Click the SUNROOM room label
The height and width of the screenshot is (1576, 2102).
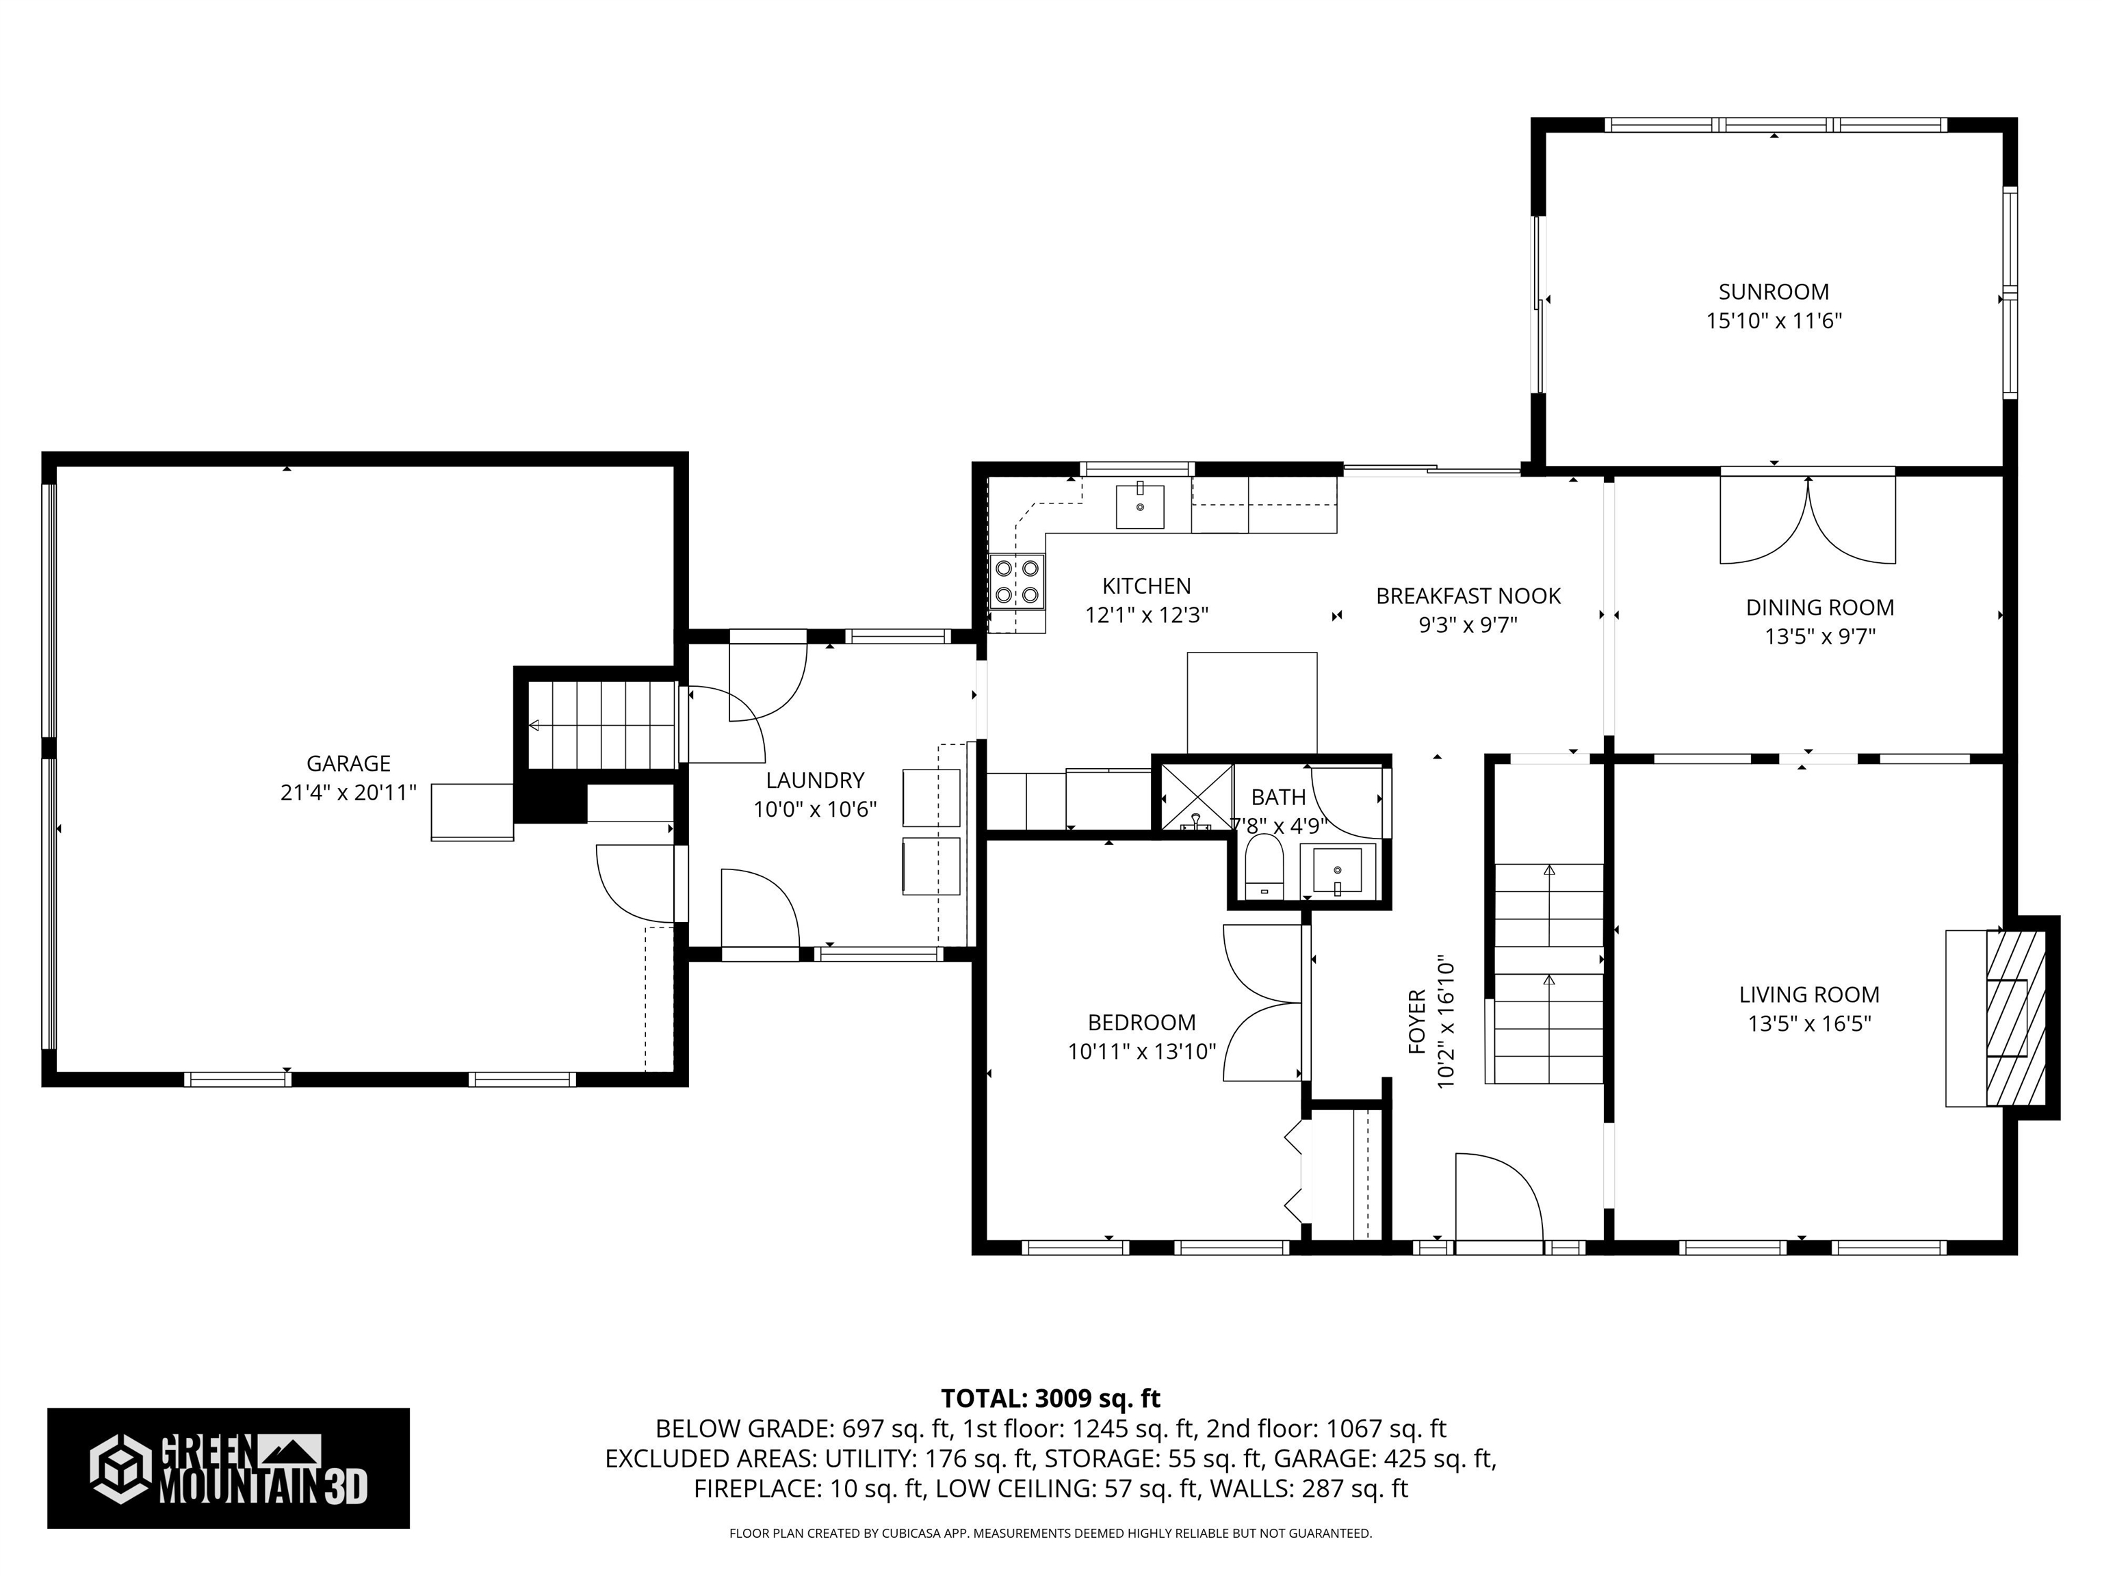pyautogui.click(x=1773, y=291)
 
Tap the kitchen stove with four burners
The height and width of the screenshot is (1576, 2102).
pyautogui.click(x=1016, y=582)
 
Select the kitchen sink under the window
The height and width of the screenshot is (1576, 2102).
pyautogui.click(x=1139, y=506)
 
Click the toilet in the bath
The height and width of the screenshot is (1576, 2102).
pyautogui.click(x=1264, y=867)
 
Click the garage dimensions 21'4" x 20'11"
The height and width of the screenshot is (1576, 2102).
pyautogui.click(x=349, y=792)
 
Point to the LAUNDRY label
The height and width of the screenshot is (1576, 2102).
pyautogui.click(x=814, y=780)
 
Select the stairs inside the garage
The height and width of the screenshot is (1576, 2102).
pyautogui.click(x=601, y=725)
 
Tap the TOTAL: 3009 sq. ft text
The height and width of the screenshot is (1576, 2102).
pyautogui.click(x=1050, y=1398)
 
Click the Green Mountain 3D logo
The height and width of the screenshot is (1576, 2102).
pyautogui.click(x=228, y=1468)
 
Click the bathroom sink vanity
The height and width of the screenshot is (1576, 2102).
pyautogui.click(x=1337, y=870)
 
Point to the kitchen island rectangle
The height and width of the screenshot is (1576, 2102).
pyautogui.click(x=1251, y=702)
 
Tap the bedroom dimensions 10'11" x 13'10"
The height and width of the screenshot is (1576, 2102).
pyautogui.click(x=1141, y=1051)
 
